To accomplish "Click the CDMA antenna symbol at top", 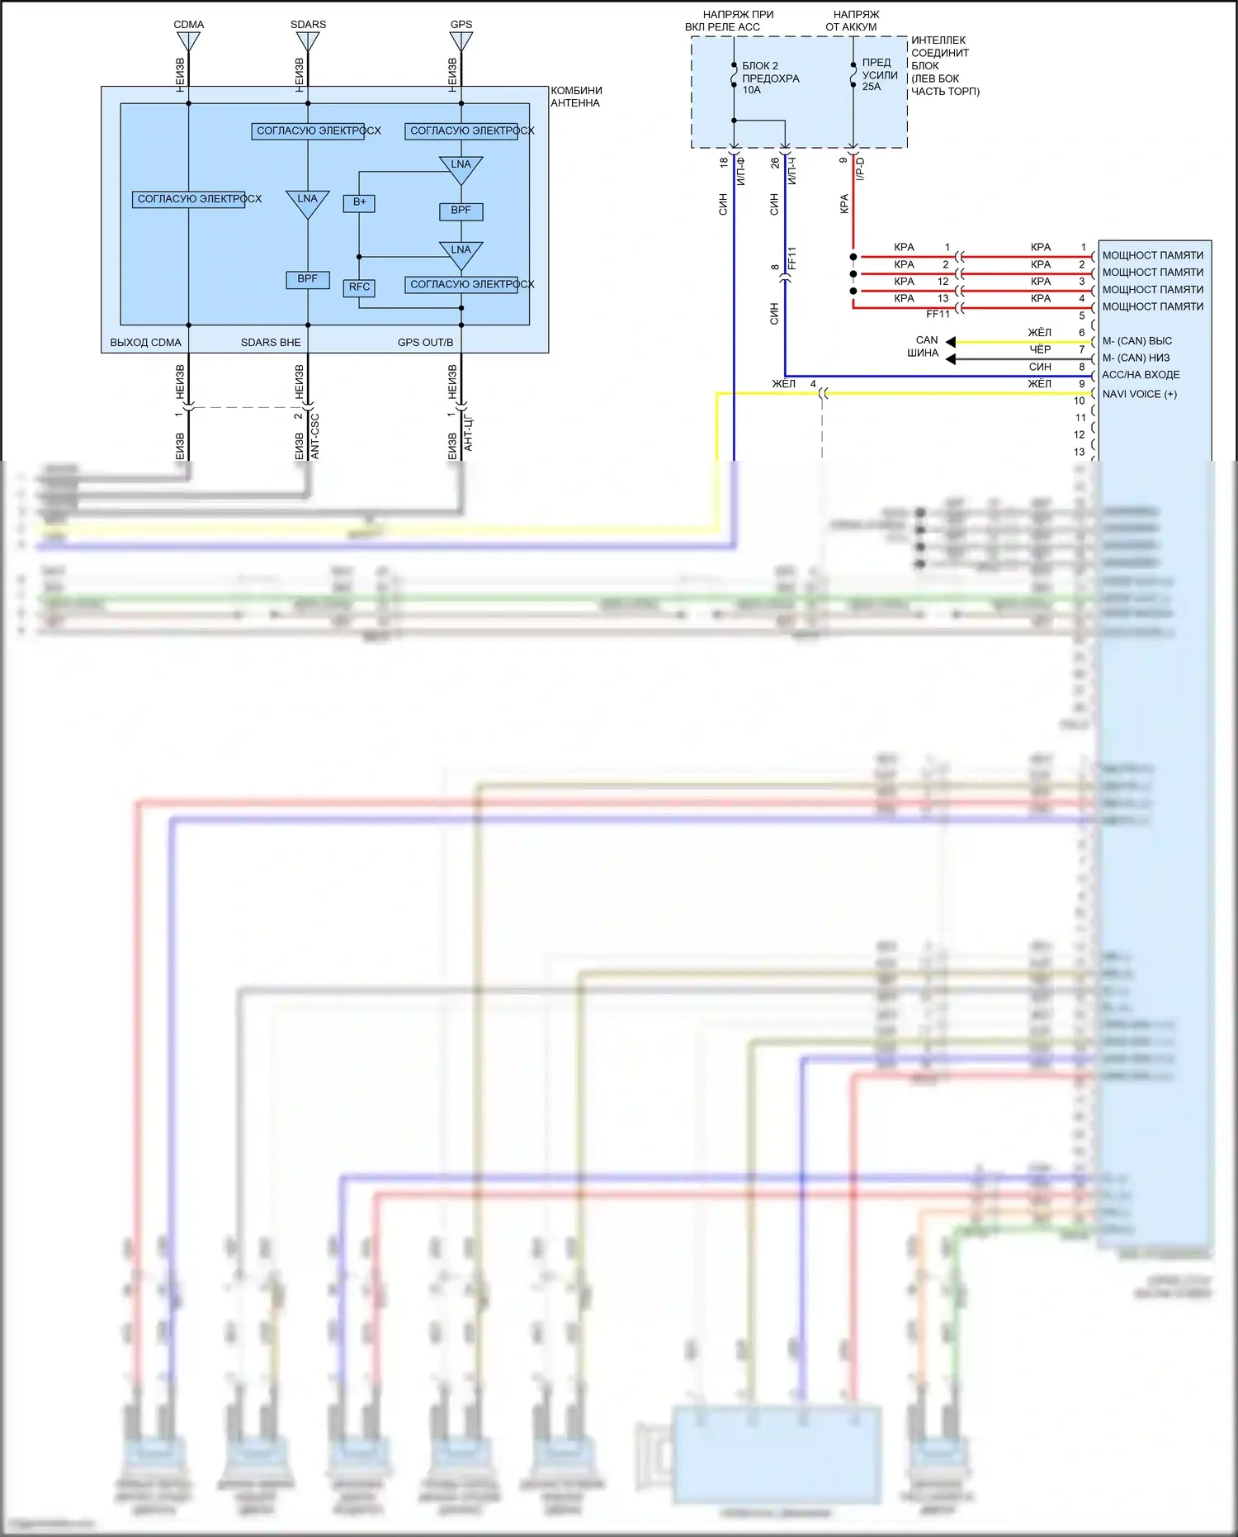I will point(188,40).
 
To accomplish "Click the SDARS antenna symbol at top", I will point(308,40).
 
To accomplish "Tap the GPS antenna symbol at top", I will point(461,40).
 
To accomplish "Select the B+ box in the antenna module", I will point(359,202).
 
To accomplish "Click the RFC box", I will point(359,287).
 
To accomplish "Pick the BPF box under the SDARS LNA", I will point(307,279).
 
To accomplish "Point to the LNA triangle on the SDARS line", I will point(307,202).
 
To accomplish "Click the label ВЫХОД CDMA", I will point(145,343).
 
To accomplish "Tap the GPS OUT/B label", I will point(425,343).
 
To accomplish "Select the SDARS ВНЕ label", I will point(271,343).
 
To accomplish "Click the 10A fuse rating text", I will point(751,90).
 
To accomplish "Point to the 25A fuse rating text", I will point(872,87).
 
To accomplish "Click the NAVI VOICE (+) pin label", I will point(1139,395).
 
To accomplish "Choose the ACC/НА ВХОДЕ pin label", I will point(1141,375).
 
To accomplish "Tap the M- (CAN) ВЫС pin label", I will point(1136,341).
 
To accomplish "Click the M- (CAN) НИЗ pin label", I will point(1136,358).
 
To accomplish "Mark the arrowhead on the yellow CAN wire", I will point(951,342).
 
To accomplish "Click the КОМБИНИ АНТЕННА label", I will point(576,97).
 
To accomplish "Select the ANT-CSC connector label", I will point(314,436).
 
